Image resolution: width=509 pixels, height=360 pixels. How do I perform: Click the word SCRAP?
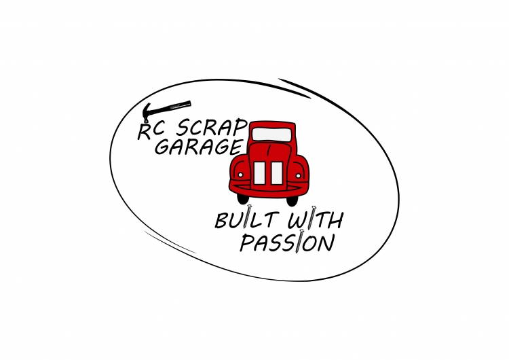tap(210, 128)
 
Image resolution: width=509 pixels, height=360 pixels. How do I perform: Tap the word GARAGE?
tap(199, 147)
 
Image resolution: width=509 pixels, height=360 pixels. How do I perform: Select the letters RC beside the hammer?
tap(151, 131)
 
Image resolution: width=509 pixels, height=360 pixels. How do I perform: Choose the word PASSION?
tap(287, 241)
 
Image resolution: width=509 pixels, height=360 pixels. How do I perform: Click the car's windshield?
tap(271, 134)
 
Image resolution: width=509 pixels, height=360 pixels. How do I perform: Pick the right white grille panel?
tap(277, 173)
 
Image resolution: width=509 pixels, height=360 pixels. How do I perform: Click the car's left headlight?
tap(240, 175)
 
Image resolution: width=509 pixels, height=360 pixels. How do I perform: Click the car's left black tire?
tap(242, 199)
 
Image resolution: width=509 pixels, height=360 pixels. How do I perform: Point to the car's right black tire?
tap(292, 200)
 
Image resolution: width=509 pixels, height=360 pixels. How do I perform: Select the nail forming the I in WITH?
tap(312, 217)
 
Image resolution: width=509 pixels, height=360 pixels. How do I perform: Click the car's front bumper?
tap(269, 190)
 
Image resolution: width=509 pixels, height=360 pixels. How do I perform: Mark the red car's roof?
tap(272, 124)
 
